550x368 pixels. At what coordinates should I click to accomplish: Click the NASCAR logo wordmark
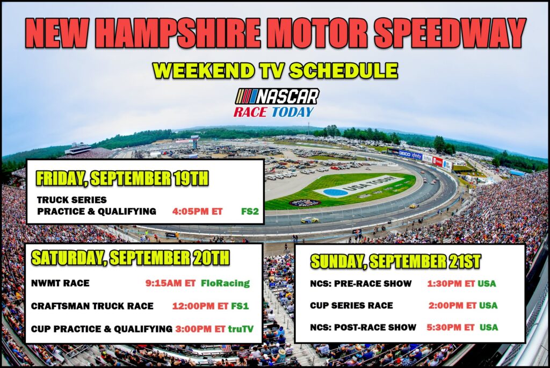tap(277, 97)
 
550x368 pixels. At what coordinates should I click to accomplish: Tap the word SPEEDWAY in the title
tap(450, 33)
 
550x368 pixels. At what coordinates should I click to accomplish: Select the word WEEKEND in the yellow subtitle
tap(204, 70)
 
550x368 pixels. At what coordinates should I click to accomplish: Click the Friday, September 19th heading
tap(122, 178)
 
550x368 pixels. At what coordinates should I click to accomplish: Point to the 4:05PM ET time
tap(198, 212)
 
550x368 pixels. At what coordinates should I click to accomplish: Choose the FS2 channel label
tap(250, 212)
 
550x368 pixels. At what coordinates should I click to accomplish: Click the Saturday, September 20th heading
tap(131, 258)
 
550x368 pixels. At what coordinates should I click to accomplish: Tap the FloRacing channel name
tap(225, 283)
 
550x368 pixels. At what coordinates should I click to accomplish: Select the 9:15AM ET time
tap(170, 283)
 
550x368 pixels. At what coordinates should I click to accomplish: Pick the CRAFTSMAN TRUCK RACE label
tap(92, 306)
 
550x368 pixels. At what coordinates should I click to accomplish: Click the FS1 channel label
tap(240, 306)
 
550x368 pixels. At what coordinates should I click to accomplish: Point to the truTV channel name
tap(241, 329)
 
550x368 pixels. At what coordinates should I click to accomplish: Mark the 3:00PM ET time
tap(200, 329)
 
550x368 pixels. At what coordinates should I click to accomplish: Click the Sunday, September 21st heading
tap(396, 262)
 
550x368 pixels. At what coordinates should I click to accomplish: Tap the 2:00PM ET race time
tap(452, 306)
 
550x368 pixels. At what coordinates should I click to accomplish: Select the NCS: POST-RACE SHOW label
tap(363, 327)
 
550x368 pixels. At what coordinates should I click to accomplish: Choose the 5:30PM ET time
tap(451, 327)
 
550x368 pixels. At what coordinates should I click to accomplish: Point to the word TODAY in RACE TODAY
tap(293, 112)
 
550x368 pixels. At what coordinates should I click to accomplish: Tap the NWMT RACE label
tap(60, 283)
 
